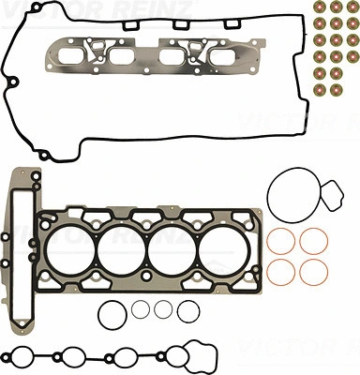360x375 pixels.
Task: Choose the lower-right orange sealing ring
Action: point(312,274)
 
